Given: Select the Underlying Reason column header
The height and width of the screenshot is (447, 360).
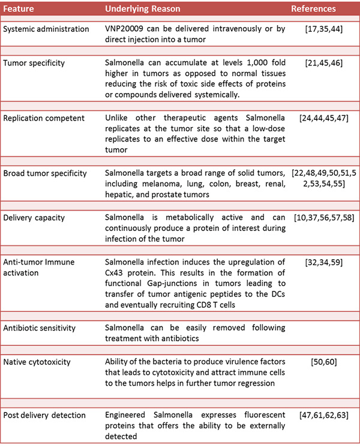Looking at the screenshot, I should [139, 10].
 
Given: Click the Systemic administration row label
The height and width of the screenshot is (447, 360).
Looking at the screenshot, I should [46, 29].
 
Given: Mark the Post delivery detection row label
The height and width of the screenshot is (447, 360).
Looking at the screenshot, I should [44, 415].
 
